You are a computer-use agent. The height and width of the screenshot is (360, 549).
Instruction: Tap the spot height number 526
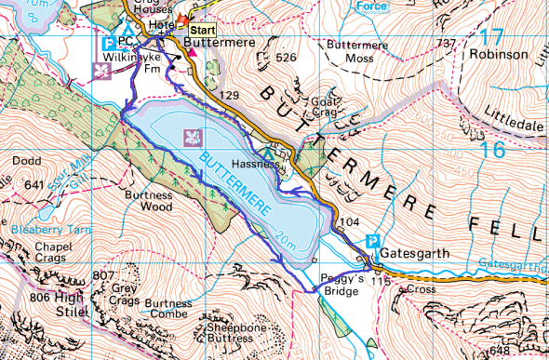click(x=286, y=58)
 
